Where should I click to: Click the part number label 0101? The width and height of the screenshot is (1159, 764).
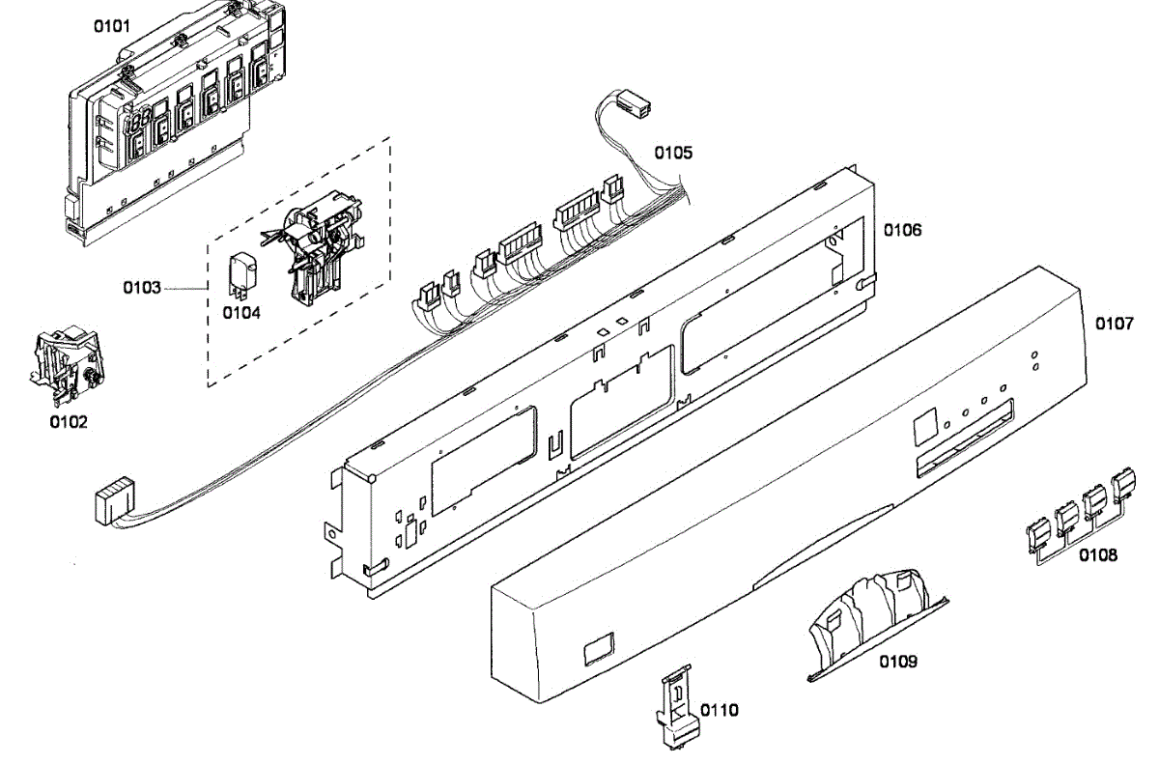pos(111,26)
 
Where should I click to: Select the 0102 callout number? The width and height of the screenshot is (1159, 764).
pos(69,422)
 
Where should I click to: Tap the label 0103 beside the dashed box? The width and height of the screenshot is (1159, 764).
pos(141,288)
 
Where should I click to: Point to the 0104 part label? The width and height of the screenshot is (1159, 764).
pos(241,312)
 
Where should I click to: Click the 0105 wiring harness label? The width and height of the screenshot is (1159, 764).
pos(673,153)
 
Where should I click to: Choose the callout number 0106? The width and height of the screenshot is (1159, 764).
pos(902,230)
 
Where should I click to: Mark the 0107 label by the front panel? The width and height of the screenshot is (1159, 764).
pos(1115,325)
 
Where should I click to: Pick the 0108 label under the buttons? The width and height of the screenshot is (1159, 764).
pos(1099,555)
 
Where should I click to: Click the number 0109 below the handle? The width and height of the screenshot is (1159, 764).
pos(898,662)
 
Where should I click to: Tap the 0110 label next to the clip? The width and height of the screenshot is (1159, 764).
pos(720,711)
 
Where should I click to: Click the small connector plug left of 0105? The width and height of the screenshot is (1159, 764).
pos(632,105)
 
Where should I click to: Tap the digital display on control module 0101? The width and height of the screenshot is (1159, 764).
pos(137,122)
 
